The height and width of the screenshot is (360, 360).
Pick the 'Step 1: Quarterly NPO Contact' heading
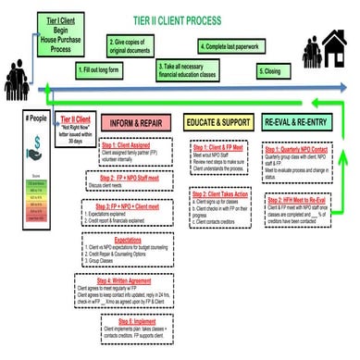pos(302,149)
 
